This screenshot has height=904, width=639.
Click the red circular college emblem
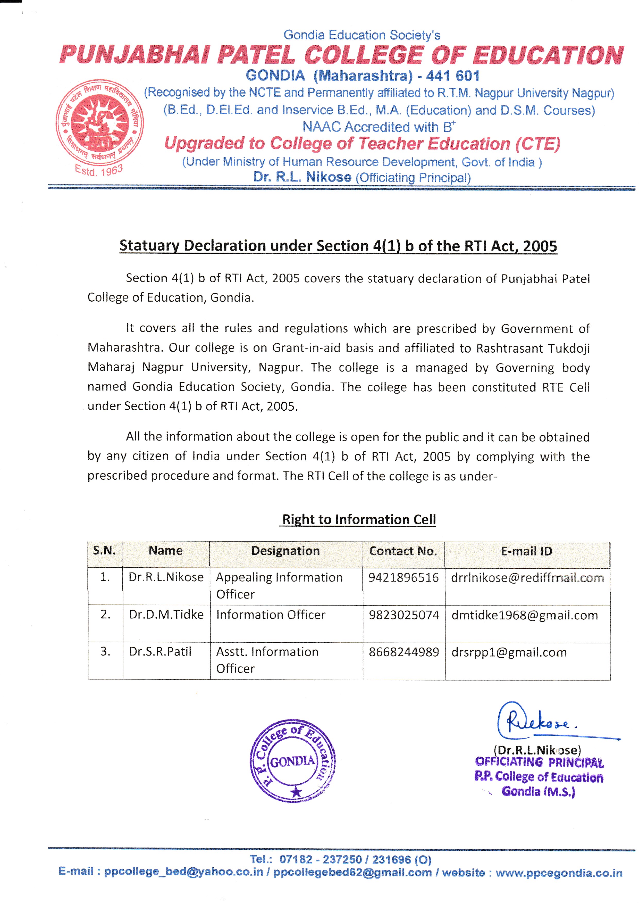[99, 124]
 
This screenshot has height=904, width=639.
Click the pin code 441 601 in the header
[452, 76]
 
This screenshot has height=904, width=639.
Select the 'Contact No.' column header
[403, 551]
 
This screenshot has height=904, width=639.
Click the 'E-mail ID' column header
[526, 551]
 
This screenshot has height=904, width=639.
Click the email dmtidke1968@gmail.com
[525, 615]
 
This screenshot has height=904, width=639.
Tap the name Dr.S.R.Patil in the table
[160, 652]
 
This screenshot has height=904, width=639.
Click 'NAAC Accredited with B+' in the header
[379, 127]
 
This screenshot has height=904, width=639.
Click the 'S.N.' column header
[104, 550]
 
